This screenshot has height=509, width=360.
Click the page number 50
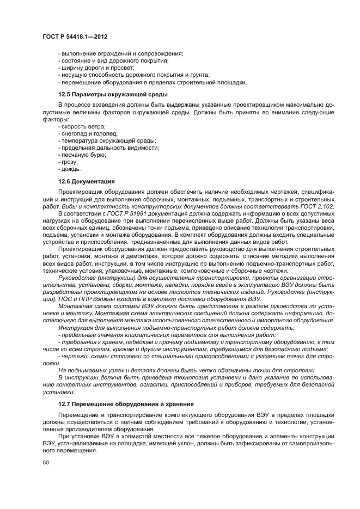pos(45,463)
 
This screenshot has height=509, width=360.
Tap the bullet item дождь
pos(69,169)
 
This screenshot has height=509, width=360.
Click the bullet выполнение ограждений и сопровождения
pos(120,53)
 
